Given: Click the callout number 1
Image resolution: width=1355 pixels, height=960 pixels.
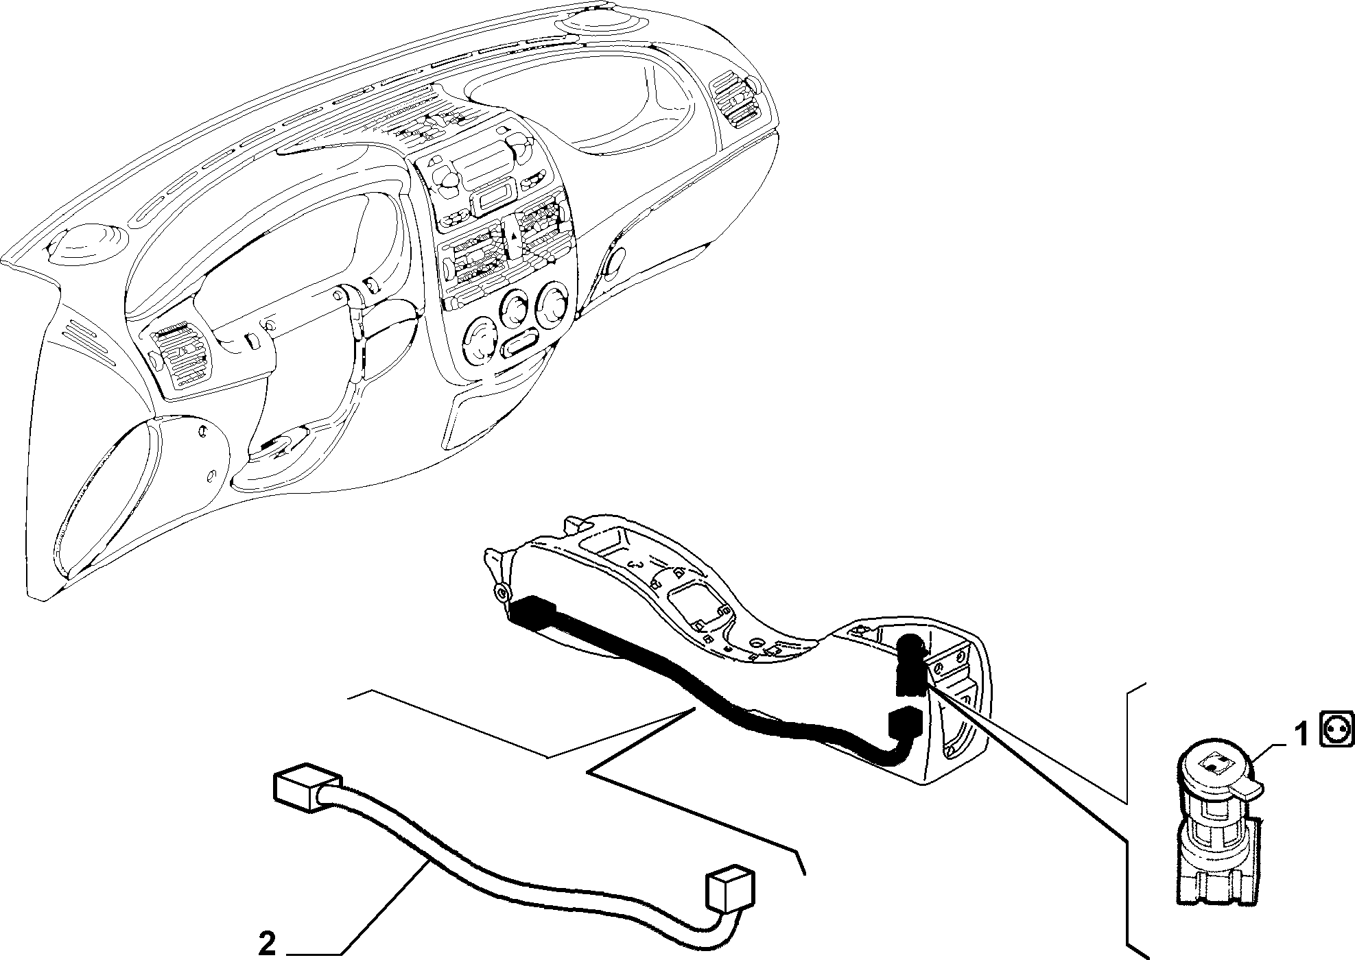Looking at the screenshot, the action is tap(1301, 735).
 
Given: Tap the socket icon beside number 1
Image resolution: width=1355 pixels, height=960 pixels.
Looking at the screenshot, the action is tap(1334, 732).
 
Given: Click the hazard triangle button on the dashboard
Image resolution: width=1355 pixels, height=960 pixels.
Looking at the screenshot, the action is tap(513, 235).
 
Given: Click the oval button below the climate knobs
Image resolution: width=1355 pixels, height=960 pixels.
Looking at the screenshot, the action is tap(523, 344).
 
